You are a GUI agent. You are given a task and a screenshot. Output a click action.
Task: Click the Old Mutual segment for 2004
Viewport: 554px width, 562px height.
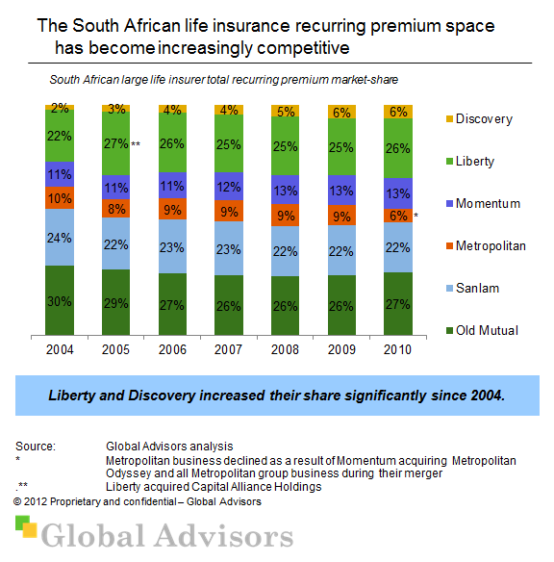pos(60,300)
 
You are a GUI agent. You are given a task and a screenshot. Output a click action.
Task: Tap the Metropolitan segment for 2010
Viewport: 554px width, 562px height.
pos(400,217)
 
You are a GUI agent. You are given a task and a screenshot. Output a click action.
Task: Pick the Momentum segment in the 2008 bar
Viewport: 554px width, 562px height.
pos(287,189)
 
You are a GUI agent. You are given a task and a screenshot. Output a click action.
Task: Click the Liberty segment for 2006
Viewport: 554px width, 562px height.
pos(173,144)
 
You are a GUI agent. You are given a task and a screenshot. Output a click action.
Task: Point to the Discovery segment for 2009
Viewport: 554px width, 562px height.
pos(343,112)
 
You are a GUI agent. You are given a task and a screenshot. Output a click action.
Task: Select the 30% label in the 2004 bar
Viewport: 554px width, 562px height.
pos(60,300)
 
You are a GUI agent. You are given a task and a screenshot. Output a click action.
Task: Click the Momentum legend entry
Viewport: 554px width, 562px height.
pos(487,203)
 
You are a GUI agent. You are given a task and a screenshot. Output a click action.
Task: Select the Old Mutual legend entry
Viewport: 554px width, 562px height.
pos(487,330)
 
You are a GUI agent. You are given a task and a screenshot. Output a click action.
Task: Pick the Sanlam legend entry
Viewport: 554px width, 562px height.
pos(478,288)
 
